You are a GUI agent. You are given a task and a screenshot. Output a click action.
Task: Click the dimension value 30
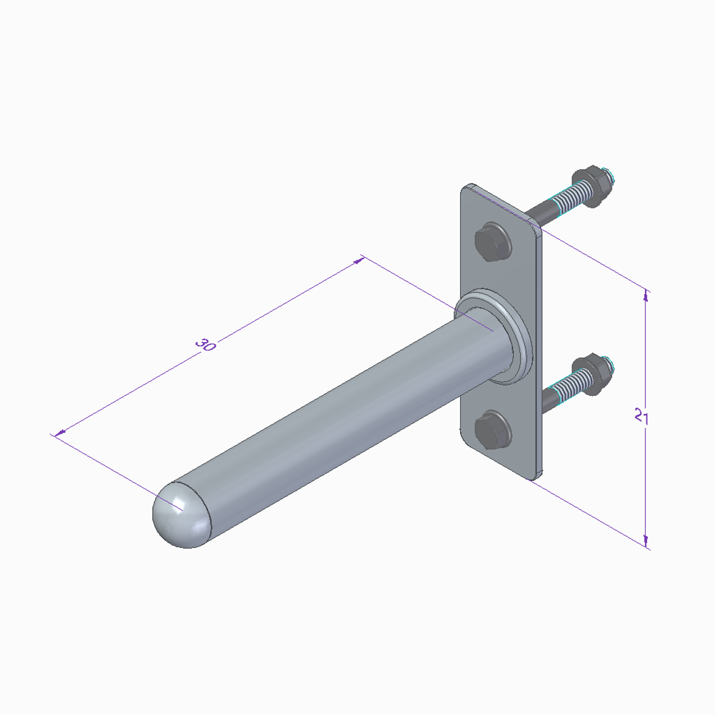205,345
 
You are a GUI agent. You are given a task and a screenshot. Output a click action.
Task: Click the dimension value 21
642,416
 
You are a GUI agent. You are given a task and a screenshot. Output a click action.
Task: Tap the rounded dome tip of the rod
182,515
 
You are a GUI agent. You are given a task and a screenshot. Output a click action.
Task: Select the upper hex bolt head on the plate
493,242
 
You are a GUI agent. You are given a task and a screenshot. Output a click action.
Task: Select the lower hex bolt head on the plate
493,429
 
